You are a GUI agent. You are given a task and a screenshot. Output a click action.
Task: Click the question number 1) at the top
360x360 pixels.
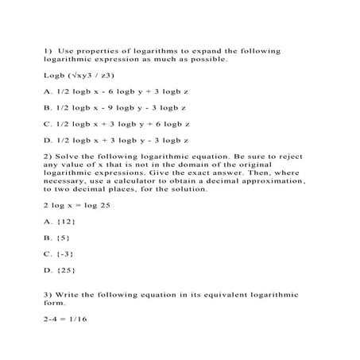[x=48, y=51]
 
